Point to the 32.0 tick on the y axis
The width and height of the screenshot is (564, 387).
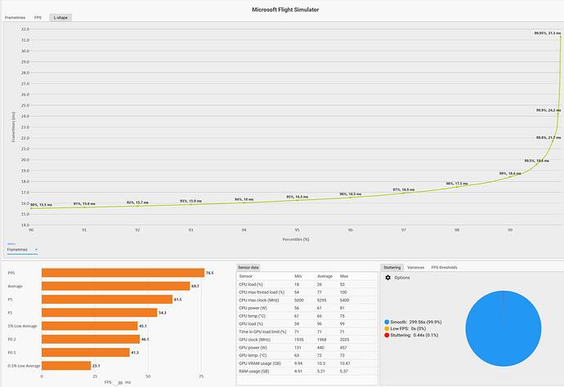[x=25, y=29]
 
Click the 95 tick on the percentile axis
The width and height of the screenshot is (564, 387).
[x=297, y=230]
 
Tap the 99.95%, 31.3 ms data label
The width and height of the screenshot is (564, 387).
[x=548, y=33]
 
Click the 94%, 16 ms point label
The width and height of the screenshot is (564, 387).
[x=244, y=199]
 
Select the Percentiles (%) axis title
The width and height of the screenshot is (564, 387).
[x=294, y=239]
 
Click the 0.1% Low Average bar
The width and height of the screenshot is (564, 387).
[x=65, y=365]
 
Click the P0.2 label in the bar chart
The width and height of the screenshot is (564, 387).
[x=11, y=339]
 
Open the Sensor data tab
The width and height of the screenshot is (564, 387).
[x=248, y=267]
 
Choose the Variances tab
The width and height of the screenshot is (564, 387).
[x=415, y=267]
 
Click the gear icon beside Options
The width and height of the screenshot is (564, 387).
[x=387, y=278]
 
